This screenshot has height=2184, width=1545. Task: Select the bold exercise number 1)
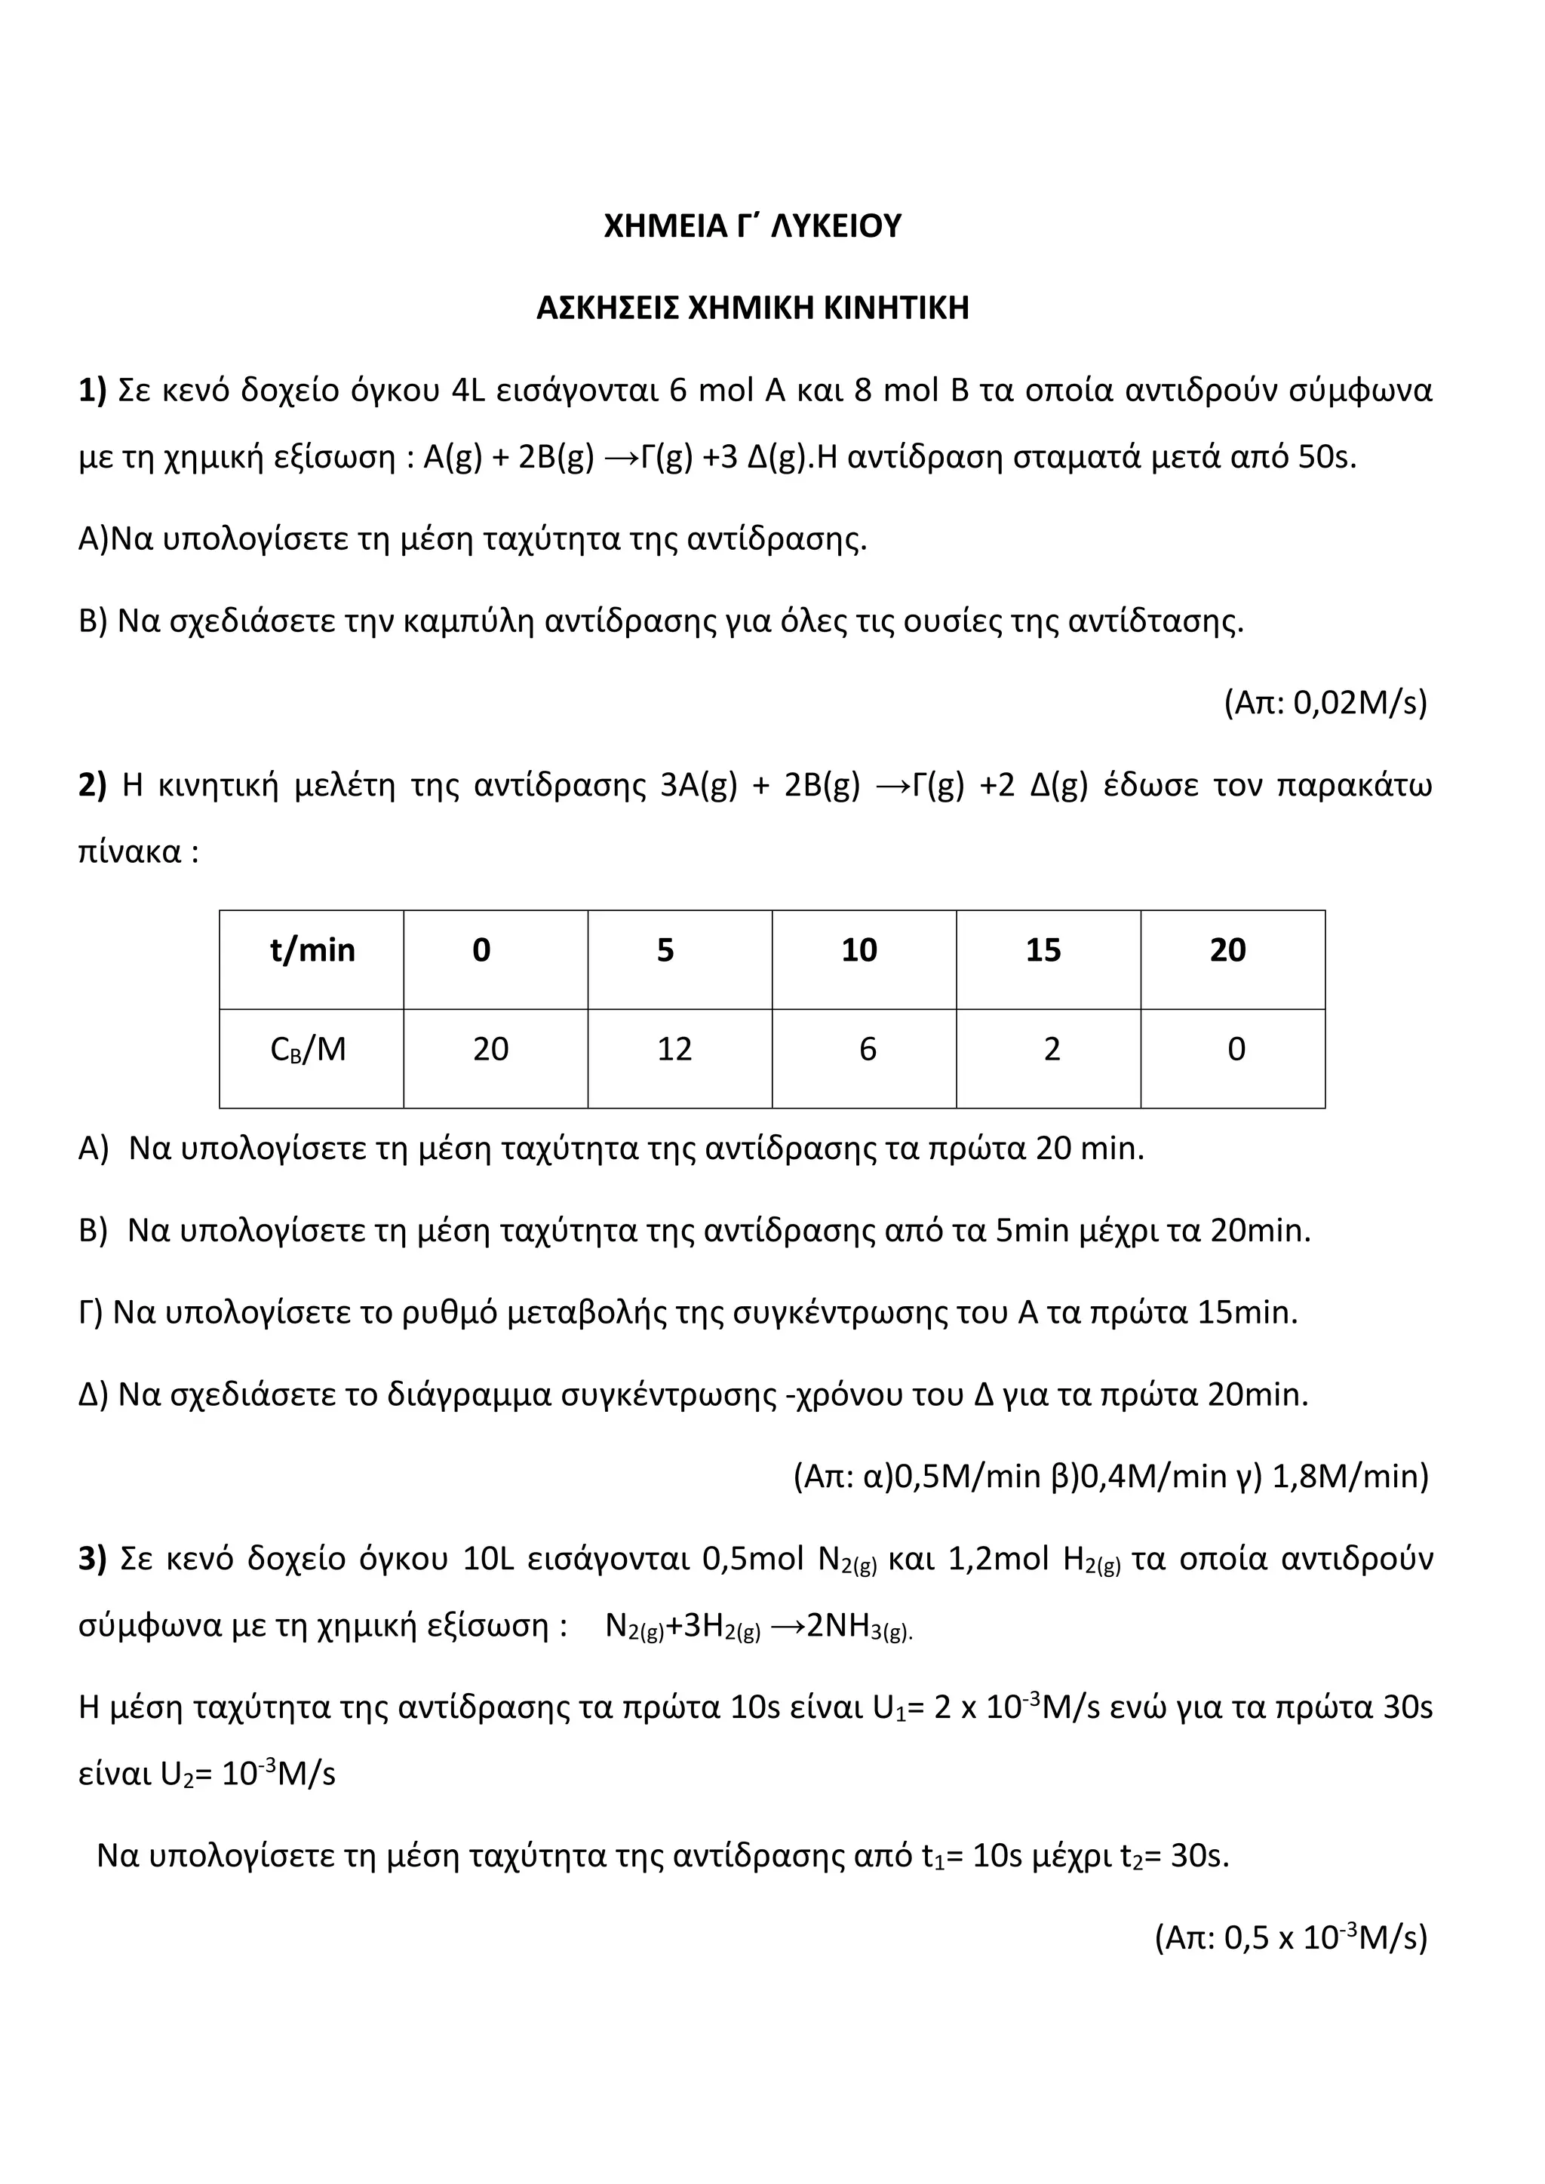pyautogui.click(x=92, y=391)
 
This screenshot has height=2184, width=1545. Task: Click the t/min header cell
pyautogui.click(x=312, y=950)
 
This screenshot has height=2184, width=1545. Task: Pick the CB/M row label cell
pyautogui.click(x=309, y=1049)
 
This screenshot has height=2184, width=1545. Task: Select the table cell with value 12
pyautogui.click(x=674, y=1049)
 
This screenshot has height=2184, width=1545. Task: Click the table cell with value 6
pyautogui.click(x=868, y=1049)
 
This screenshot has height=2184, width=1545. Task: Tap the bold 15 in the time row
pyautogui.click(x=1043, y=950)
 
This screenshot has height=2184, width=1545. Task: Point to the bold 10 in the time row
pyautogui.click(x=859, y=950)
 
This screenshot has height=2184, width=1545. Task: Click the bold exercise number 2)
pyautogui.click(x=92, y=786)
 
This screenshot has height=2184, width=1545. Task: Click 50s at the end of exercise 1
pyautogui.click(x=1327, y=458)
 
